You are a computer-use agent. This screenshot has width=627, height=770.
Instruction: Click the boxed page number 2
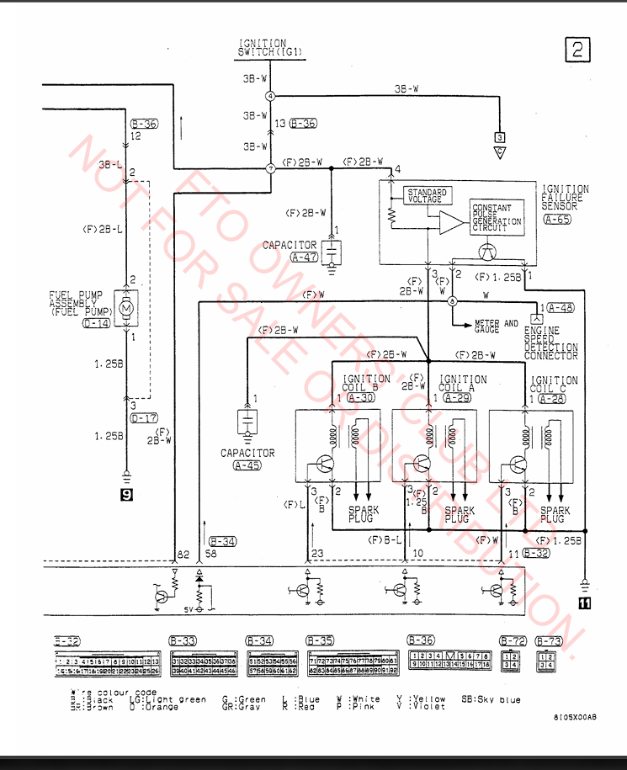coord(577,50)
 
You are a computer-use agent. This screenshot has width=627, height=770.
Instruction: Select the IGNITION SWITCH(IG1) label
coord(269,48)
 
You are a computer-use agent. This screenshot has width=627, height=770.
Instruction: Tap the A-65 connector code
coord(556,220)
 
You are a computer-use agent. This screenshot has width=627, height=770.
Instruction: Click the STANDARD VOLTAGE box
coord(426,196)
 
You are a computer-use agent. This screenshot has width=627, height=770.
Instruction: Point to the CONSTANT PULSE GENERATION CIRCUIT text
coord(497,218)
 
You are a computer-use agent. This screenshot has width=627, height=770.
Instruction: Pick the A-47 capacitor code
coord(303,258)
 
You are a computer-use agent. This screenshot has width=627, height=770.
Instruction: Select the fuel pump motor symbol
coord(127,309)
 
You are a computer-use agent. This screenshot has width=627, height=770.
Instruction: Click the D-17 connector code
coord(143,417)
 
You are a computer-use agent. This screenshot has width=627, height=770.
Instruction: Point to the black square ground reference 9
coord(126,495)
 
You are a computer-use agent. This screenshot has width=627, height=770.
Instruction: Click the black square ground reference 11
coord(584,602)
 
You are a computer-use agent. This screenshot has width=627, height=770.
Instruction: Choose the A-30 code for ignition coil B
coord(362,398)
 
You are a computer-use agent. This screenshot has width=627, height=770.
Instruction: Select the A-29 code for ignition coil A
coord(457,398)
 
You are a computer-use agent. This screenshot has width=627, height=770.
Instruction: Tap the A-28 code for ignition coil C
coord(552,398)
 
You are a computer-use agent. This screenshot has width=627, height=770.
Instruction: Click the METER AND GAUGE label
coord(497,326)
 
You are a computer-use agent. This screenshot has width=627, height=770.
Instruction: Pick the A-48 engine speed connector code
coord(561,308)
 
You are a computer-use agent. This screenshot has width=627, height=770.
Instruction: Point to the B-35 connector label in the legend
coord(320,640)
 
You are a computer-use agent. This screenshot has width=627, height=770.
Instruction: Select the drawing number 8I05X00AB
coord(576,717)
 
